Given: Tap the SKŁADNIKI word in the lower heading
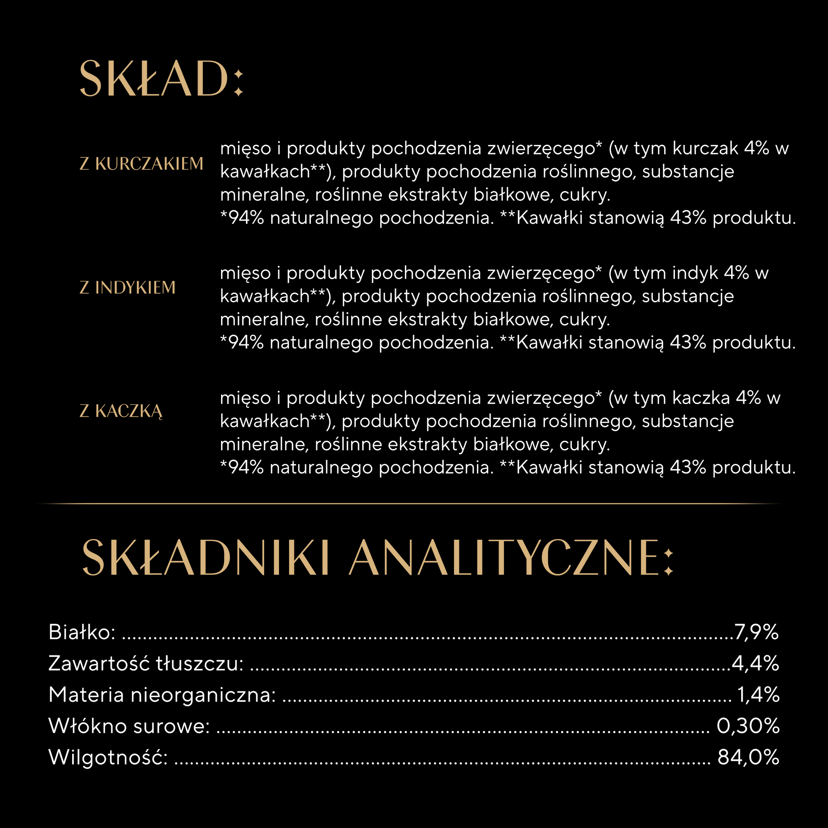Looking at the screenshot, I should [205, 558].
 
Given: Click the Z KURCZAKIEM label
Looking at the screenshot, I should [142, 164].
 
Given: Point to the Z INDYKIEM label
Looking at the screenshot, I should [128, 288].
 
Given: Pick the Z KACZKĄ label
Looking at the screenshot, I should [121, 412].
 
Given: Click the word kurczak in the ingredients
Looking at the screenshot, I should [705, 148].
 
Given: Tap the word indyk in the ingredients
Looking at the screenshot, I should [695, 273].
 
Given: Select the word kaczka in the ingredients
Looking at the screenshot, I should [701, 398].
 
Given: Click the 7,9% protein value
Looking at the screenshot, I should [756, 632].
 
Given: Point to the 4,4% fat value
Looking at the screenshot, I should [755, 663].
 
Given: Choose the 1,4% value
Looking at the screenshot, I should [758, 695].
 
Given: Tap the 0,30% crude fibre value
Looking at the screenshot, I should [748, 726].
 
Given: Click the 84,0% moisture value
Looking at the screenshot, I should [748, 757].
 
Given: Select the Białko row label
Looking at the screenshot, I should [82, 632].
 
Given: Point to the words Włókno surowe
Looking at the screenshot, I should [129, 726].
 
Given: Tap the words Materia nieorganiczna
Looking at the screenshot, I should [162, 695].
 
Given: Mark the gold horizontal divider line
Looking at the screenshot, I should [409, 503].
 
